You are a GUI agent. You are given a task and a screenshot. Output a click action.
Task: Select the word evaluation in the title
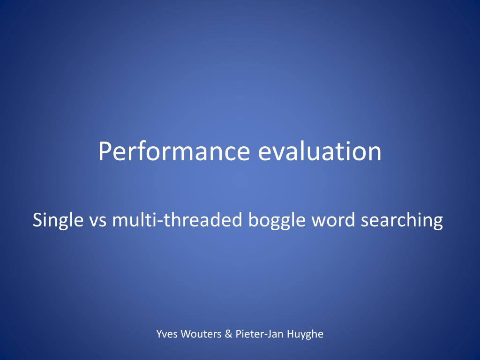[320, 151]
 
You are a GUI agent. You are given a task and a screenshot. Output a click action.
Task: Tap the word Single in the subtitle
[58, 220]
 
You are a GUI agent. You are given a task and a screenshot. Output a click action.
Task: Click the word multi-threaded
[178, 220]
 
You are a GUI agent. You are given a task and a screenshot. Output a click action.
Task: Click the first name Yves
[167, 334]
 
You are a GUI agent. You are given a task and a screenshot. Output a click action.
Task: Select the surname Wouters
[201, 334]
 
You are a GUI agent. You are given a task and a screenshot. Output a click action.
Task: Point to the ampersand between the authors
[228, 334]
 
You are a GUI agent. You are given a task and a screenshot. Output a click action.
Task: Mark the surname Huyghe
[305, 334]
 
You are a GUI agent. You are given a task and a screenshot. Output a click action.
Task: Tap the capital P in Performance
[105, 151]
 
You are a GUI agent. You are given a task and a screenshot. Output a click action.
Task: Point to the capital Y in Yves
[159, 334]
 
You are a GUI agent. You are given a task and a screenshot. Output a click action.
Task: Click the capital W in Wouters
[186, 334]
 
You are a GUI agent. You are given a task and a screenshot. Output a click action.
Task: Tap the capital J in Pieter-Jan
[270, 334]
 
